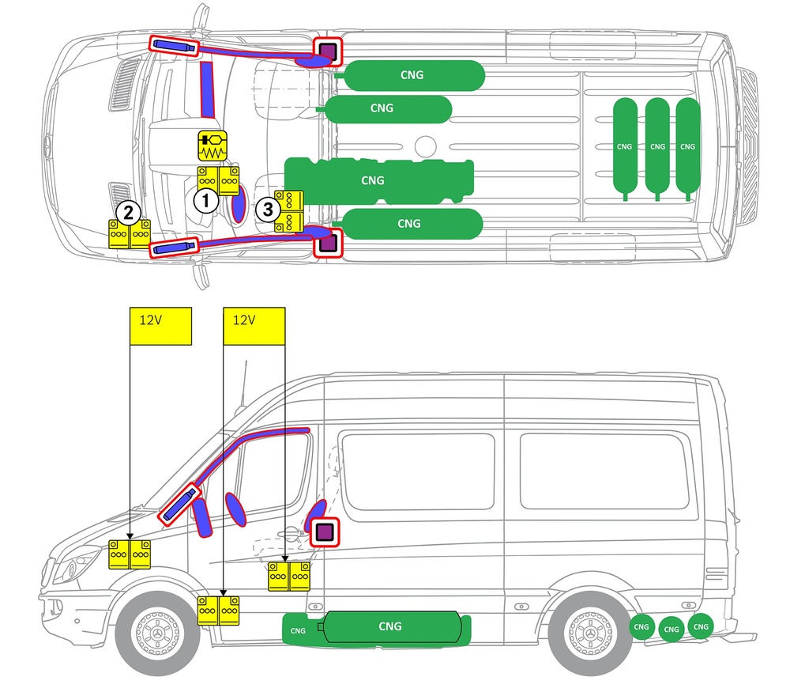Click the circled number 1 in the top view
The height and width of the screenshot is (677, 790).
point(205,201)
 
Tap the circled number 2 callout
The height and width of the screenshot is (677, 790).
point(128,213)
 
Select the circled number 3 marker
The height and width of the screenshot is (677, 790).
point(268,209)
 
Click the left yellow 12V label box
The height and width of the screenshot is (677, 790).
point(160,326)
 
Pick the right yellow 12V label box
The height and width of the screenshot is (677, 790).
point(254,326)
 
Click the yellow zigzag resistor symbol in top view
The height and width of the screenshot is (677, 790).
point(212,146)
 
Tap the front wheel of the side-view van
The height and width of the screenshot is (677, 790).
point(158,633)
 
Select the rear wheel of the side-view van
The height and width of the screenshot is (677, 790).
point(590,633)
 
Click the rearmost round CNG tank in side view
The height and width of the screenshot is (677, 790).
point(701,626)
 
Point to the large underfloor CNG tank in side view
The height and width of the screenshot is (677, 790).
point(390,627)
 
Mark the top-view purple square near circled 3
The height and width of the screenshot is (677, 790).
point(328,243)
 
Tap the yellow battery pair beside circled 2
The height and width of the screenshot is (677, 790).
point(130,233)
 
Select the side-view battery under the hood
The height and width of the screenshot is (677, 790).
point(130,554)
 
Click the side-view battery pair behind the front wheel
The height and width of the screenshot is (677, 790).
point(218,611)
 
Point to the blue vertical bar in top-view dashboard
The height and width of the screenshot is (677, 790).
point(207,90)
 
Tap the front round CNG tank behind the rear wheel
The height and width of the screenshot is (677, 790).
point(641,627)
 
